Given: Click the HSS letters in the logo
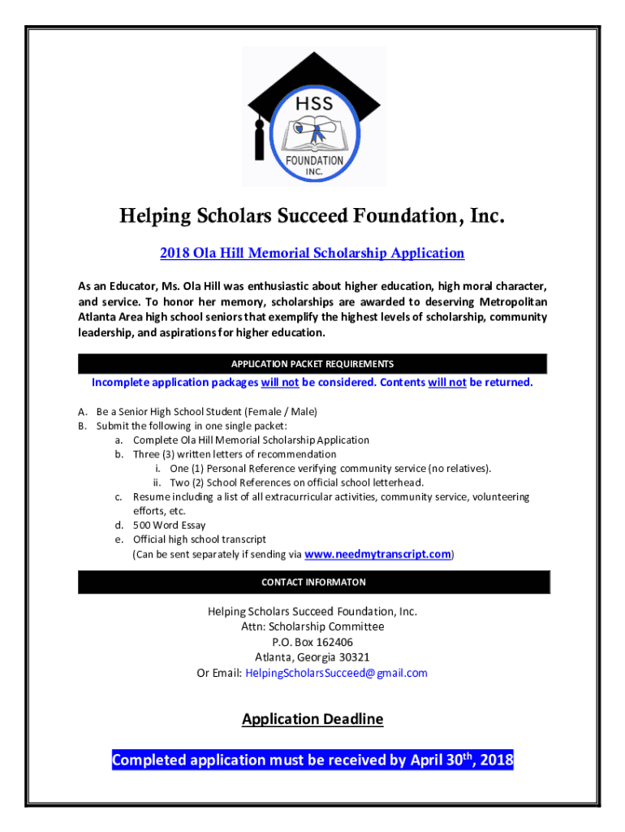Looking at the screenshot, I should [x=312, y=104].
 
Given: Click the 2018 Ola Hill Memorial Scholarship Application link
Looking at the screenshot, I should [x=312, y=253].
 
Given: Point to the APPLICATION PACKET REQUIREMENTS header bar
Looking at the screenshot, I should [x=312, y=364].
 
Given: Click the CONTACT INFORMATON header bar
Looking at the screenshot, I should [x=313, y=582].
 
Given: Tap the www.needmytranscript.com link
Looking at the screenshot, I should [x=377, y=554].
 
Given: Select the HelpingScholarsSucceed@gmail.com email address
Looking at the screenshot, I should [x=336, y=673].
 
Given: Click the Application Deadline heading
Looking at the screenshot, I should [x=312, y=719].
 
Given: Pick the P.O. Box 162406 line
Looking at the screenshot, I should [x=312, y=642].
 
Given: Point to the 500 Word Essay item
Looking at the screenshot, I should [x=170, y=525].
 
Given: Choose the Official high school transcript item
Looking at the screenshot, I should [x=199, y=539].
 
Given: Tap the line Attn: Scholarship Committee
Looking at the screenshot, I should [x=312, y=626].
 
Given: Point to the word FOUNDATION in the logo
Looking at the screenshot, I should [x=313, y=161].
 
